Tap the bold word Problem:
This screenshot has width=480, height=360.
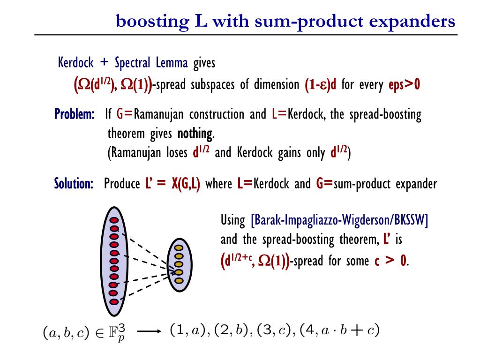(74, 114)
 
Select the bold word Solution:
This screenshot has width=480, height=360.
(74, 183)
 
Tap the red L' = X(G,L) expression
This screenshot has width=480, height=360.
(172, 183)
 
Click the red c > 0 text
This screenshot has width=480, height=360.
(391, 261)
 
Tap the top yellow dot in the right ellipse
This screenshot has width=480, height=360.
(179, 248)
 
